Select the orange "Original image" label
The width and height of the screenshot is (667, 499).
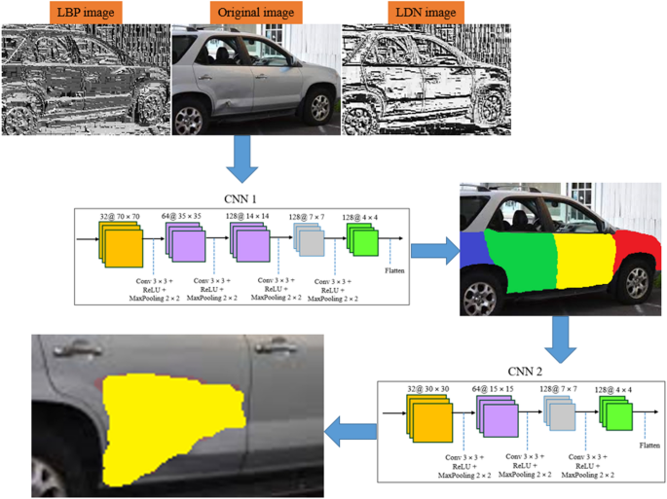click(x=256, y=13)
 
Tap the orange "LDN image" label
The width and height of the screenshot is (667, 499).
click(x=423, y=13)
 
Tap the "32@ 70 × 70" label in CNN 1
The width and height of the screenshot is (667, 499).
click(x=119, y=216)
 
